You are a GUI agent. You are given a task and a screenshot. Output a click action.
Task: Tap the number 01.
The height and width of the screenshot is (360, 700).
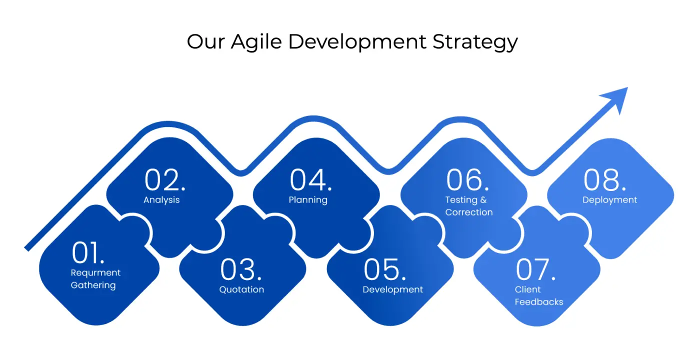point(88,252)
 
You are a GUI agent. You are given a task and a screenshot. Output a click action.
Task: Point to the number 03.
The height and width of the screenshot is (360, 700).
point(241,269)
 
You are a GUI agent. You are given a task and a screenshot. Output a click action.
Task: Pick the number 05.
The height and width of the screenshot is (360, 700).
point(384,269)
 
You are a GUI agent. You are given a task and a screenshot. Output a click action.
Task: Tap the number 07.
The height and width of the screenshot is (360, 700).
point(535,269)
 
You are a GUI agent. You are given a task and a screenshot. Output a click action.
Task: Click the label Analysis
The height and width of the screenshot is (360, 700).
point(161,200)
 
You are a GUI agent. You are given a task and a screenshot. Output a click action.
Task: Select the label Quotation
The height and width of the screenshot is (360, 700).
point(241,289)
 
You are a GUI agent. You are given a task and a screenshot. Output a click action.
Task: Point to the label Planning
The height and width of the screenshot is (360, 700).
point(308,200)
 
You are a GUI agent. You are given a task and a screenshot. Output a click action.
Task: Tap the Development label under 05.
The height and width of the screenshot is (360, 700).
point(393,289)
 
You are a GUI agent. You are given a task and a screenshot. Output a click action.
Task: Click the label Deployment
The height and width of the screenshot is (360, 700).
point(609,200)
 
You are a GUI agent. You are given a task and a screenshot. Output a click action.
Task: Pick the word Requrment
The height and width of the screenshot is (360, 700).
point(95,273)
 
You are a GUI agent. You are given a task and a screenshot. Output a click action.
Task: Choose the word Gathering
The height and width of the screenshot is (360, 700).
point(93,285)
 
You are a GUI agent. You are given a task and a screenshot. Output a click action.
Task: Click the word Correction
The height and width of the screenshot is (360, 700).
point(469,212)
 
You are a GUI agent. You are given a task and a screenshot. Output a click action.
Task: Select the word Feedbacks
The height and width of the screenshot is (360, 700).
point(539,302)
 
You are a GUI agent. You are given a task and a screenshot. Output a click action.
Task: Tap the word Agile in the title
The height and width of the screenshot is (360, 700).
point(256,42)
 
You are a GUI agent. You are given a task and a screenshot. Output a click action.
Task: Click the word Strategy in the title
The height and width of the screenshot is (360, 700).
point(475,42)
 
